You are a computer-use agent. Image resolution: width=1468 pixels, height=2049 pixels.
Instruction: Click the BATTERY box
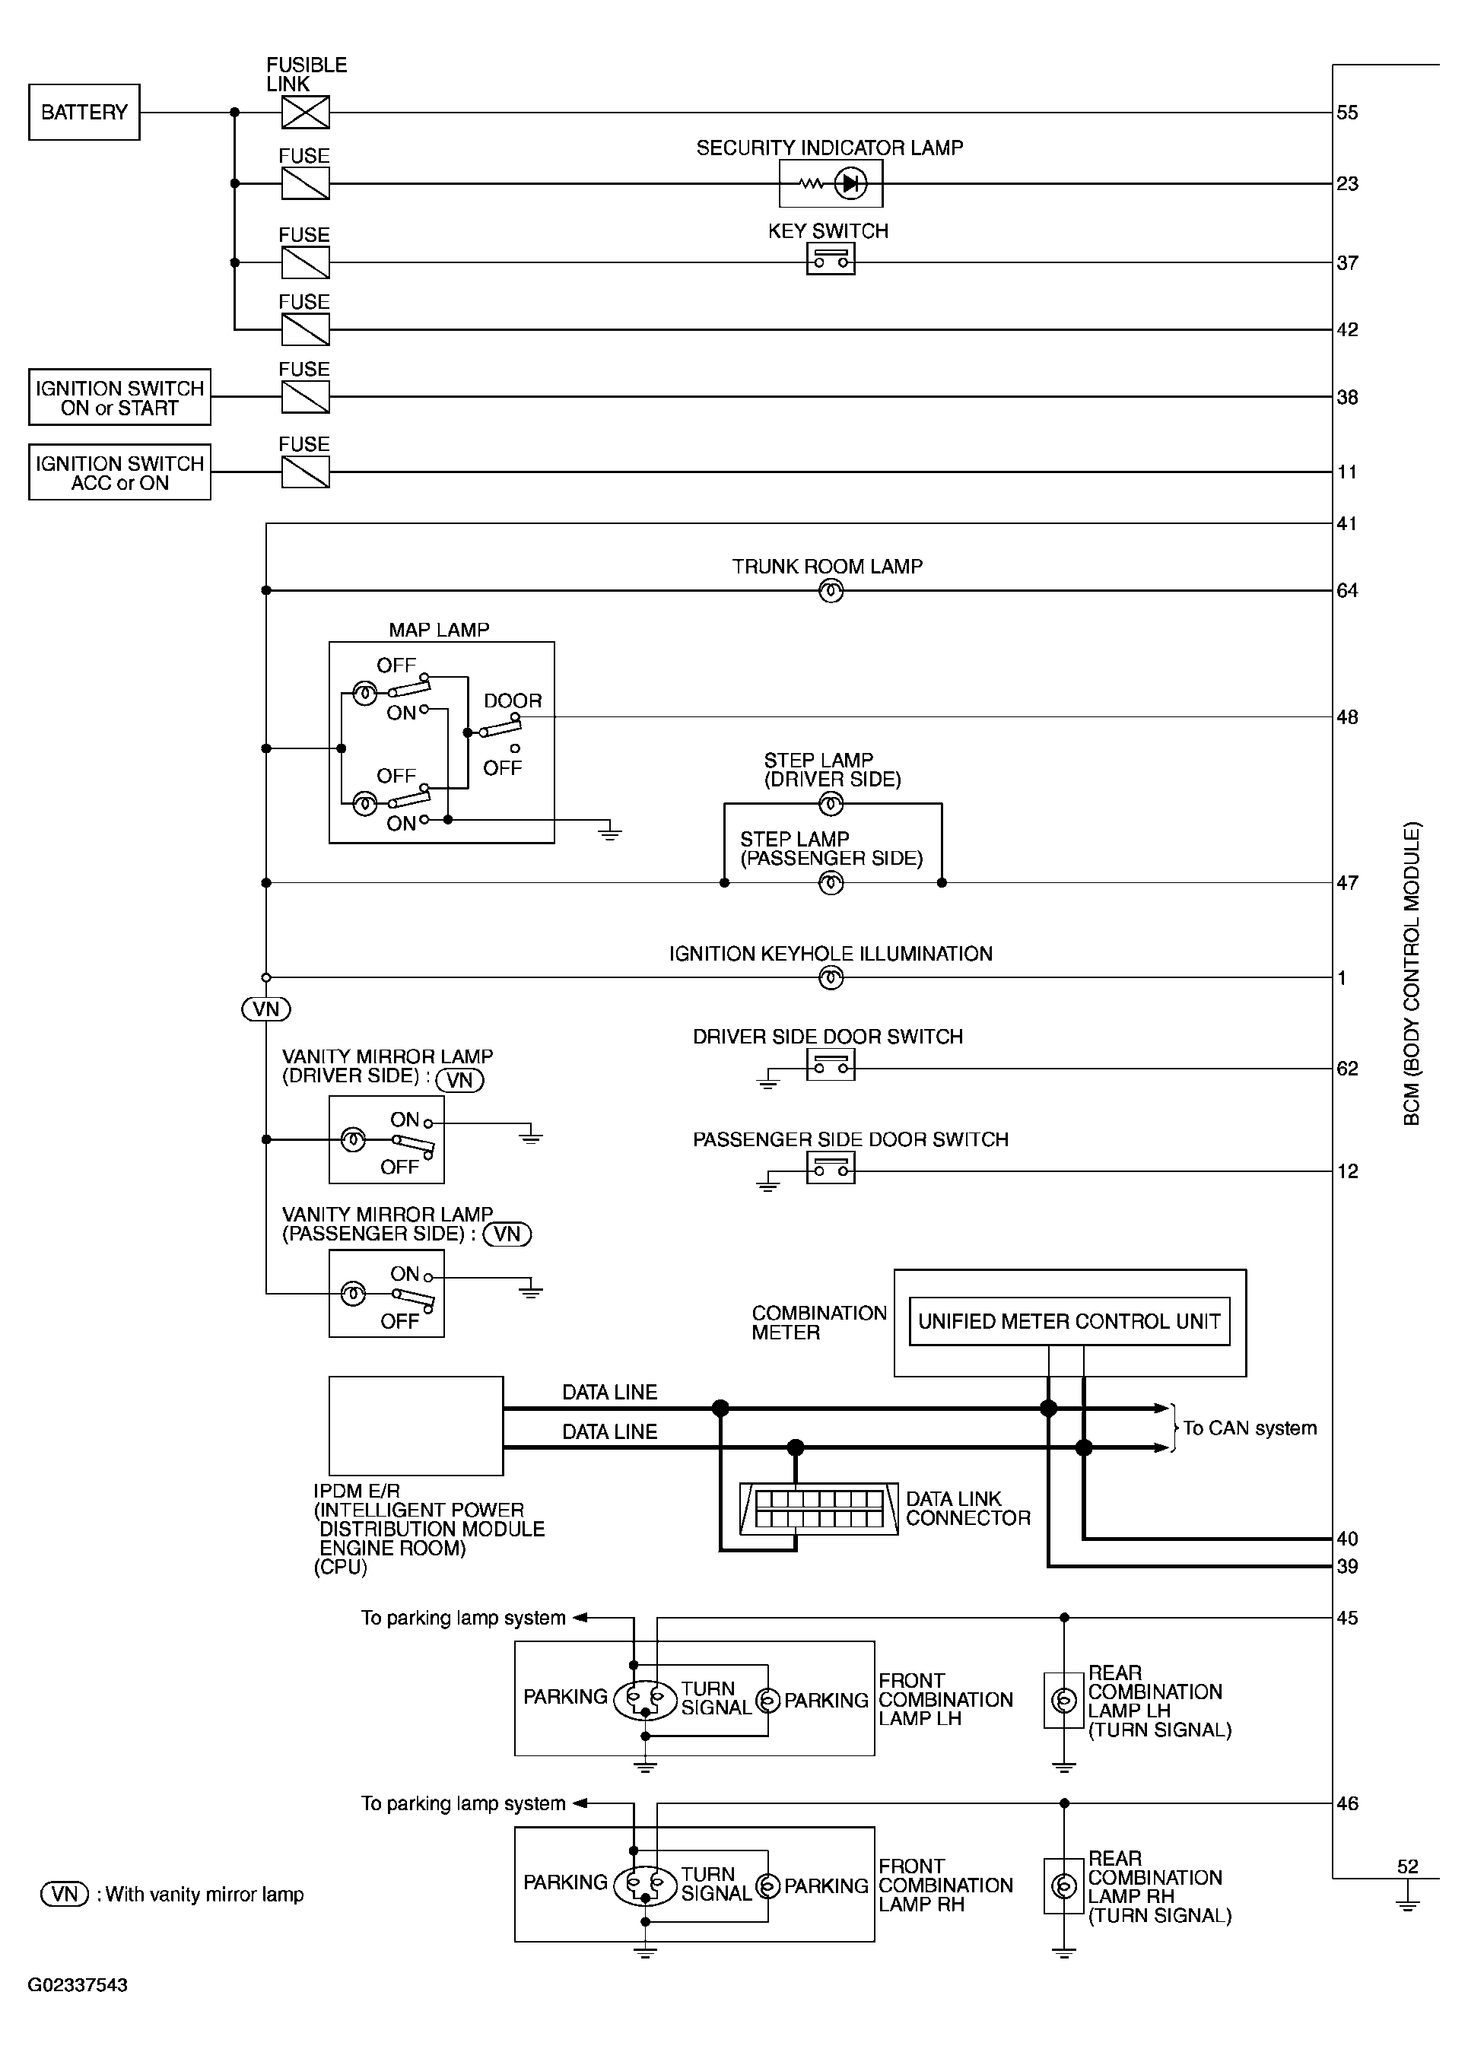click(x=84, y=112)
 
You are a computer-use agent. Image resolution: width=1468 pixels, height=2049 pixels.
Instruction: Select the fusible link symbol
click(x=305, y=112)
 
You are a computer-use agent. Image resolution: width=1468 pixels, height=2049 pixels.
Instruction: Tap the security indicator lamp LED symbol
click(x=849, y=184)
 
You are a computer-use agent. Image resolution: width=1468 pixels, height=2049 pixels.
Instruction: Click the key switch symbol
click(x=830, y=260)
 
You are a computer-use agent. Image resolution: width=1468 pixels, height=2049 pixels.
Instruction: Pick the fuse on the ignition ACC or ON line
click(x=305, y=472)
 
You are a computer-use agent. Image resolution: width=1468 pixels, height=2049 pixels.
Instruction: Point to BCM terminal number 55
click(x=1347, y=113)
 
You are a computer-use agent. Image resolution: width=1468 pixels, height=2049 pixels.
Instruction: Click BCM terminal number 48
click(x=1347, y=717)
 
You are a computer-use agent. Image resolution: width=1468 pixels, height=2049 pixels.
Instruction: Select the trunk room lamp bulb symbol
click(x=830, y=592)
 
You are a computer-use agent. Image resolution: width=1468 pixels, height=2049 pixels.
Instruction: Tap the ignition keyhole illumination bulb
click(x=830, y=977)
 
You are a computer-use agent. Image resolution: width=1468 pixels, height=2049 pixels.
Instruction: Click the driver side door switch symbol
click(x=830, y=1067)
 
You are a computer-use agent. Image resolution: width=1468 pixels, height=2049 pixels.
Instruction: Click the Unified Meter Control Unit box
click(x=1069, y=1322)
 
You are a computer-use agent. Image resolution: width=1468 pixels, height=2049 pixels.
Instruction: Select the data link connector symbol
click(x=818, y=1509)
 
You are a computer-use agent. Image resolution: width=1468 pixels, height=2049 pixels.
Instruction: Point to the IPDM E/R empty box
click(x=415, y=1425)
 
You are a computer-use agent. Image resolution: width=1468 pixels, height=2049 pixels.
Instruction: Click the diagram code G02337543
click(x=78, y=1985)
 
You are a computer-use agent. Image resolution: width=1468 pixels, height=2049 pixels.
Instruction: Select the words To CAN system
click(x=1250, y=1428)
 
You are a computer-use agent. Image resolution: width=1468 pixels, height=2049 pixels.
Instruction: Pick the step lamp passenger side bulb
click(x=830, y=883)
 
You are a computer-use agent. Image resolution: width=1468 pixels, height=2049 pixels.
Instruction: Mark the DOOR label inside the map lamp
click(x=512, y=701)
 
